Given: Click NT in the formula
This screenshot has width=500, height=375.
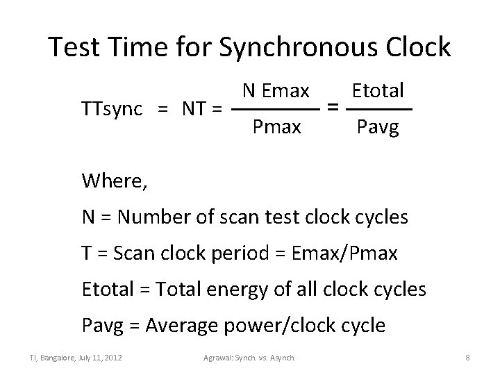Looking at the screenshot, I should pos(193,108).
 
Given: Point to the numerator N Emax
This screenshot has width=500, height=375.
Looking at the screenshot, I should pos(275,91).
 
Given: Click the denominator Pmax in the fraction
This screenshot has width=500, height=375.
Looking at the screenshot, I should pos(277,127).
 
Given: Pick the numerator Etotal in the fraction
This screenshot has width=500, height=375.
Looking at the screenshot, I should pos(378,91).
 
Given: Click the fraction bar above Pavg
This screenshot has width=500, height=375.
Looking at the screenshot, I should pos(378,110).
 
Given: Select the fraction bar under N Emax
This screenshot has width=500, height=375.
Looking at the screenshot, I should pos(275,110).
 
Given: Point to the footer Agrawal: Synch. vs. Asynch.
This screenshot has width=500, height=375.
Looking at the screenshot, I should pos(249,358).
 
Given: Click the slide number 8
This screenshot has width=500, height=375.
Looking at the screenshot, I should pos(468,358).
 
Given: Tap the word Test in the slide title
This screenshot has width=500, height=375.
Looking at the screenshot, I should pos(72,47).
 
